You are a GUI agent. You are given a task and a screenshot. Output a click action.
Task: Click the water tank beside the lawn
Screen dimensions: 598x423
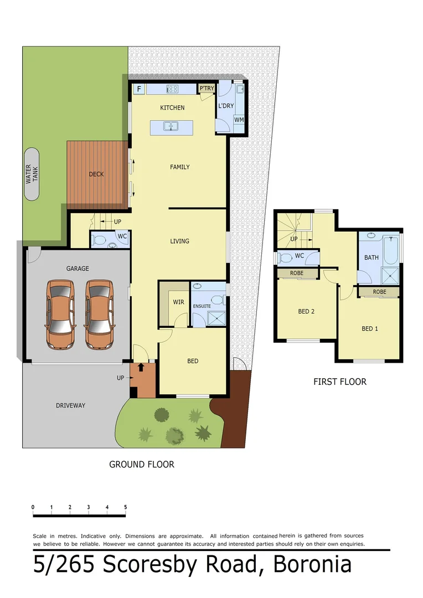click(x=32, y=174)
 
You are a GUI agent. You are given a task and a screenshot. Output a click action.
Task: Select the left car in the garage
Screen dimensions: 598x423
click(x=60, y=314)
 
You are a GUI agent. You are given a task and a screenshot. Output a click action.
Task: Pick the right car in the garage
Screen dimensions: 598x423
click(x=99, y=314)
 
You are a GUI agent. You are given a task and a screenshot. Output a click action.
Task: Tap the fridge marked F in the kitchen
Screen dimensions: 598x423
click(x=138, y=89)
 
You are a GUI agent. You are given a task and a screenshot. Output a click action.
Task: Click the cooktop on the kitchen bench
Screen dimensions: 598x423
click(x=173, y=89)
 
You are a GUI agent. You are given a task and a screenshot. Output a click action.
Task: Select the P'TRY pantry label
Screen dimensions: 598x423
click(x=207, y=89)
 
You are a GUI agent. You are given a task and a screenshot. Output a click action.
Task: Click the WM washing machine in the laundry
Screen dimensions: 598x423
click(x=239, y=120)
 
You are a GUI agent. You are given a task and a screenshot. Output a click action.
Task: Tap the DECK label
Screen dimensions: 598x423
click(x=96, y=174)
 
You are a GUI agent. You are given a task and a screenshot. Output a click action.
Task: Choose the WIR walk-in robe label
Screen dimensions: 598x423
click(x=179, y=302)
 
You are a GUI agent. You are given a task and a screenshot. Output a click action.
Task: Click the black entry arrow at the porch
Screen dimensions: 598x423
click(x=141, y=367)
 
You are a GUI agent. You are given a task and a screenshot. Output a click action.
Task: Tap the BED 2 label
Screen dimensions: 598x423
click(x=306, y=311)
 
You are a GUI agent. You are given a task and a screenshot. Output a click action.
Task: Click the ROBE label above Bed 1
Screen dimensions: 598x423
click(x=379, y=292)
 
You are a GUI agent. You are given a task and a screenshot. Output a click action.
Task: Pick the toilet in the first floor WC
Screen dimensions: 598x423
click(x=285, y=257)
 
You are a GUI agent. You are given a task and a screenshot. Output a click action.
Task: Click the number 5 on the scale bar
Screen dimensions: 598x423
click(x=126, y=507)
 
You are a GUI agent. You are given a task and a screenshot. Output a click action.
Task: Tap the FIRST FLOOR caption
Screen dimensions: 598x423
click(x=339, y=382)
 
